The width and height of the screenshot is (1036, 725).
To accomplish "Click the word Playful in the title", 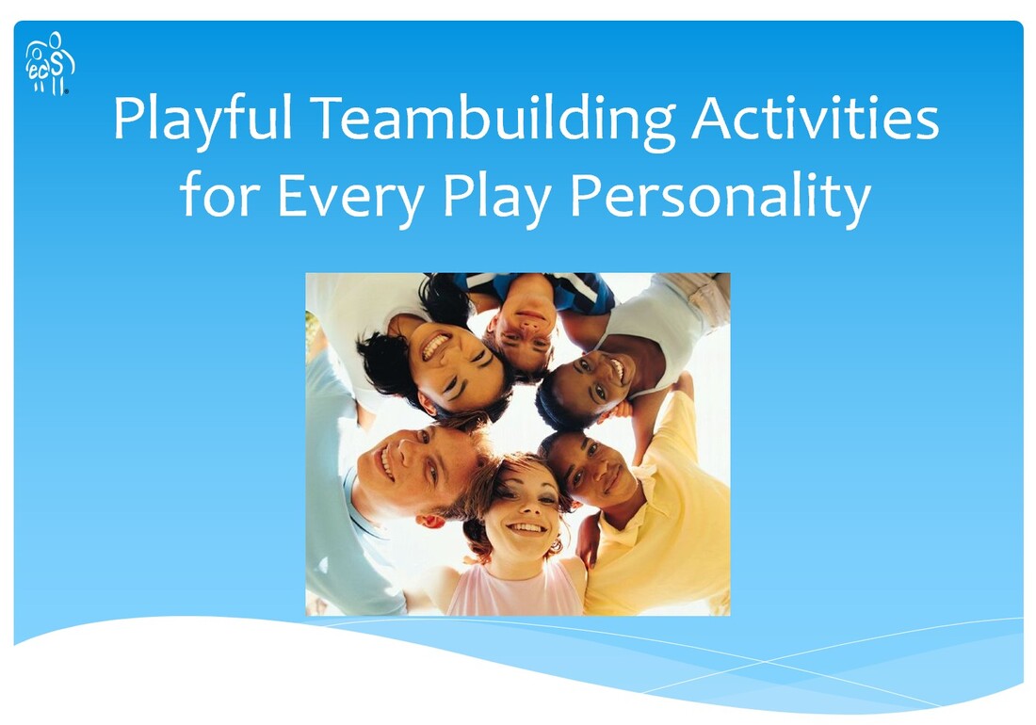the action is [x=202, y=120].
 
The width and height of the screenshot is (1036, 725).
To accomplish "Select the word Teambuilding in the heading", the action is [x=493, y=120].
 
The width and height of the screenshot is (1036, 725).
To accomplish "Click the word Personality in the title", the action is [x=720, y=196].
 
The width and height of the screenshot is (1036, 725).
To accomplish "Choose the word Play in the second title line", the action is [x=496, y=196].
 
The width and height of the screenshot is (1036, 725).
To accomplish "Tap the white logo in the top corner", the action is [x=50, y=63].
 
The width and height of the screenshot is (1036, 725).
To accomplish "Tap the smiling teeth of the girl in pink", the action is [x=526, y=527].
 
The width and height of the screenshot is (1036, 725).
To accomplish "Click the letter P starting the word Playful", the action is [x=128, y=119].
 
